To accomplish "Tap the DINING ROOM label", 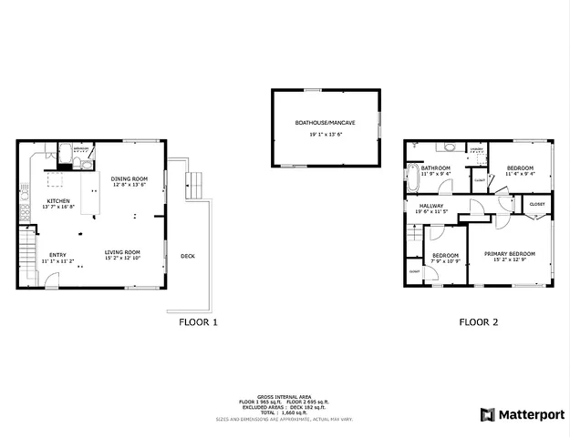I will point(130,178).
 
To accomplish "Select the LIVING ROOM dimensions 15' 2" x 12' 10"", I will point(121,259).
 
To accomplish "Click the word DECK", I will point(188,256).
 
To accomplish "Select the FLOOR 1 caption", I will point(198,321).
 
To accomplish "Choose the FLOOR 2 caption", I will point(478,321).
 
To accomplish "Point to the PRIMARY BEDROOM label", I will point(509,253).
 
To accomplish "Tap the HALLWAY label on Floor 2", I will point(431,206).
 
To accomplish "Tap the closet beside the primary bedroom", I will point(536,204).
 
